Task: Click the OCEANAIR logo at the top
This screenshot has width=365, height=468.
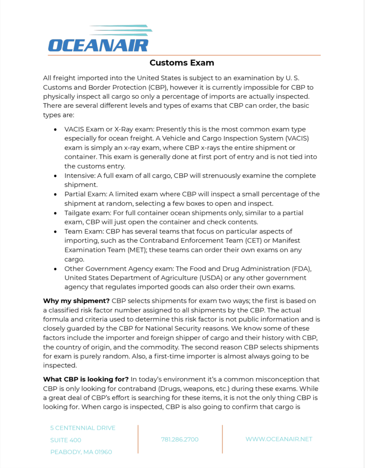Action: click(x=100, y=39)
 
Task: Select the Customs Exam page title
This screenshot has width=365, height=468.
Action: click(x=182, y=63)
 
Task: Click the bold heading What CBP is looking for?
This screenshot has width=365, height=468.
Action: click(x=86, y=379)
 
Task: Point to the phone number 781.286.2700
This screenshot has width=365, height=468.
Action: click(x=180, y=439)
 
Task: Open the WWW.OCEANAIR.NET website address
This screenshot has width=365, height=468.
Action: click(x=279, y=439)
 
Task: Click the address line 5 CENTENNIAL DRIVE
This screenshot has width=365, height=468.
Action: click(x=83, y=428)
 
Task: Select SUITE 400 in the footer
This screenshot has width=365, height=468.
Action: click(x=66, y=440)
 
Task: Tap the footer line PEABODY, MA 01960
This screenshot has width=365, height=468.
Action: click(x=81, y=452)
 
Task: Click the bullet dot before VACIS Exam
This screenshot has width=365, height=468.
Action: click(x=55, y=130)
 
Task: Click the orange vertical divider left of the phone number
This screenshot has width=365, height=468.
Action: click(x=138, y=439)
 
